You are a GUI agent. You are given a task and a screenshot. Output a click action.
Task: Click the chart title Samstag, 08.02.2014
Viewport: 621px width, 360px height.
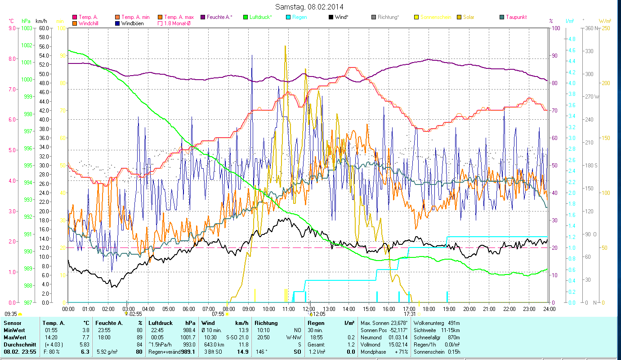coord(310,7)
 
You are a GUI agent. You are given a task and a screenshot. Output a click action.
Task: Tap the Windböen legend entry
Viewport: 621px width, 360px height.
coord(132,23)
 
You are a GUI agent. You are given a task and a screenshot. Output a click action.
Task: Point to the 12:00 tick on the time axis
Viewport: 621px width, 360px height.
coord(308,309)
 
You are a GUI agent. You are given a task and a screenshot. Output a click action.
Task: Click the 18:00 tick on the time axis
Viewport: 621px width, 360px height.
coord(429,309)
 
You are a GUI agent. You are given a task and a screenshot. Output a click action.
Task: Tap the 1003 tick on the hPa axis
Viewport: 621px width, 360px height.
coord(27,28)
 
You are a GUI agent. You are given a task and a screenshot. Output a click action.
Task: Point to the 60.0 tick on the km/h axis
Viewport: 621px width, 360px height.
coord(44,28)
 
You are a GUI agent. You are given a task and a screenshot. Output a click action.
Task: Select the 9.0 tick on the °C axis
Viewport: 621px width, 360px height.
coord(12,28)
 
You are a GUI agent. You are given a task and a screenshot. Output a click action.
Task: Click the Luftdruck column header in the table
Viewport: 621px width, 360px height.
coord(160,323)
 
